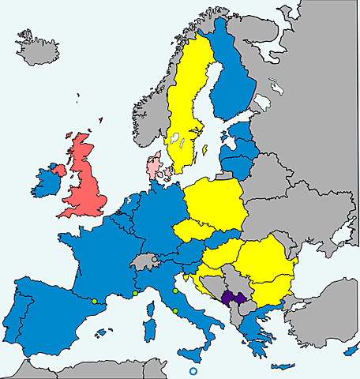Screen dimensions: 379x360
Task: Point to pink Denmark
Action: tap(154, 168)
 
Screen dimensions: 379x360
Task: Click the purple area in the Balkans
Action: tap(231, 298)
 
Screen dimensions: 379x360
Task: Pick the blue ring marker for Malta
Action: tap(193, 372)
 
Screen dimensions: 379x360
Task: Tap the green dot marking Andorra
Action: tap(94, 301)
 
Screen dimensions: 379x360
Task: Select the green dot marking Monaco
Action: tap(135, 294)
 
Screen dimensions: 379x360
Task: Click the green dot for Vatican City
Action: tap(174, 311)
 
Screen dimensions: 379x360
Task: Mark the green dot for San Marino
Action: tap(174, 291)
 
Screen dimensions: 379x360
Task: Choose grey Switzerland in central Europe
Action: tap(144, 261)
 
